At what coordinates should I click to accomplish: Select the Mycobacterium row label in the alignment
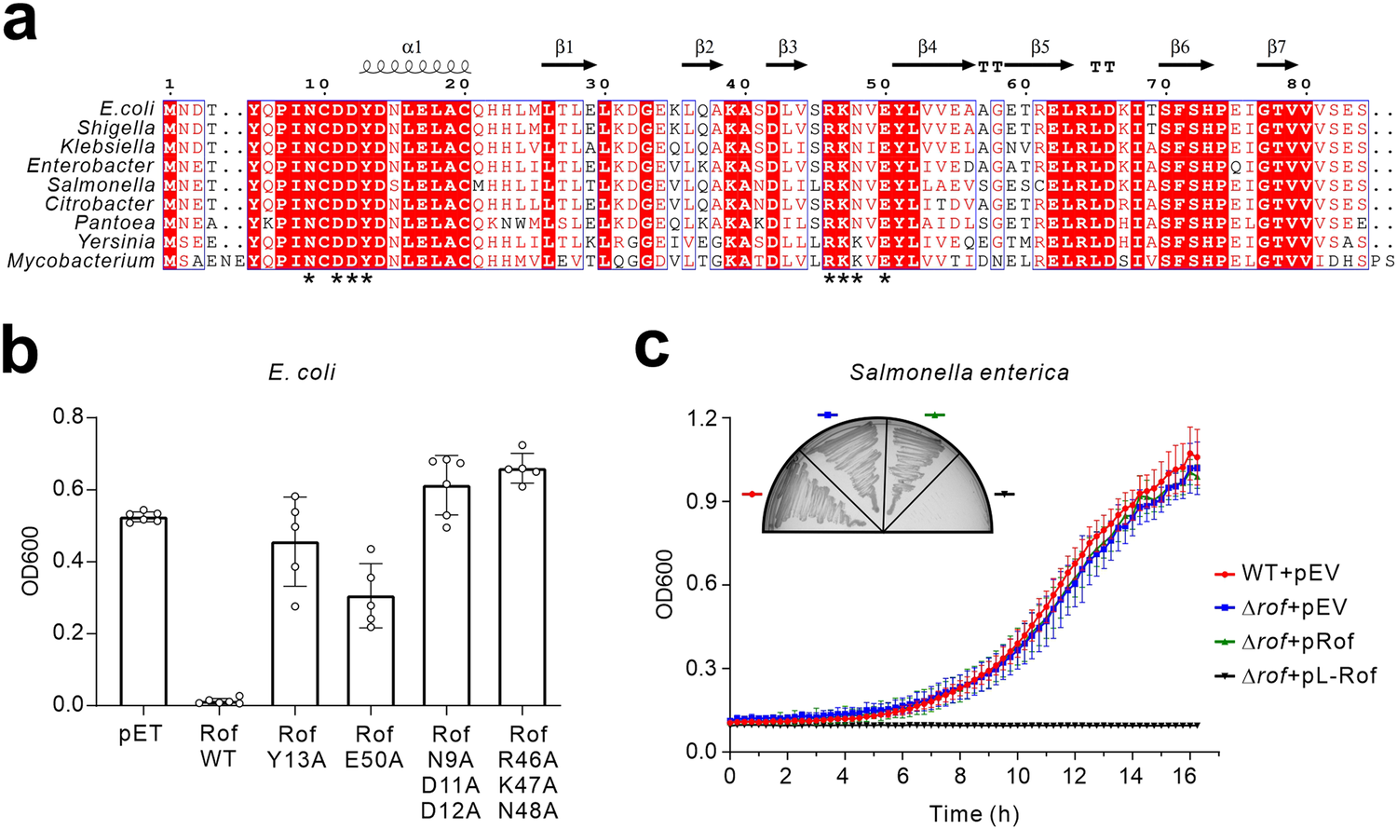(80, 262)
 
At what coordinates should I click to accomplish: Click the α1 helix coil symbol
(415, 67)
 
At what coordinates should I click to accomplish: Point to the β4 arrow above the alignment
(934, 65)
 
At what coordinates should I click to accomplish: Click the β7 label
(1277, 47)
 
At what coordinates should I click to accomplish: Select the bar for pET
(143, 610)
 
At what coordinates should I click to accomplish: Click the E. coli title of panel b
(301, 373)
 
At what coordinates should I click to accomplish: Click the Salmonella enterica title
(959, 373)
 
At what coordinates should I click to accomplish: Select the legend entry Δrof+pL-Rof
(1309, 675)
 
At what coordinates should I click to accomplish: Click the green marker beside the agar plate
(934, 414)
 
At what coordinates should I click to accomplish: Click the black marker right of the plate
(1004, 494)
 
